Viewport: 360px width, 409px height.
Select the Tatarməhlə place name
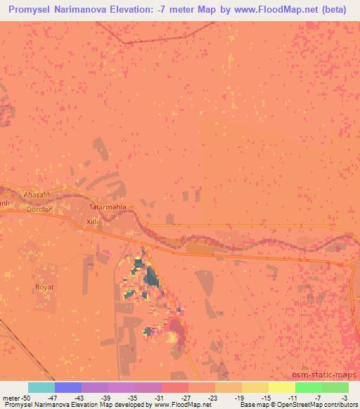click(108, 208)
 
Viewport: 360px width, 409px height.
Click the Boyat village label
click(44, 287)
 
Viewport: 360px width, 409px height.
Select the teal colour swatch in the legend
click(41, 387)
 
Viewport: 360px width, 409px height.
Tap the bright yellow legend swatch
click(282, 387)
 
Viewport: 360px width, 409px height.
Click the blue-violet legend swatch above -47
click(68, 387)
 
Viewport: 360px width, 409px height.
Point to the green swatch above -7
click(309, 387)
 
